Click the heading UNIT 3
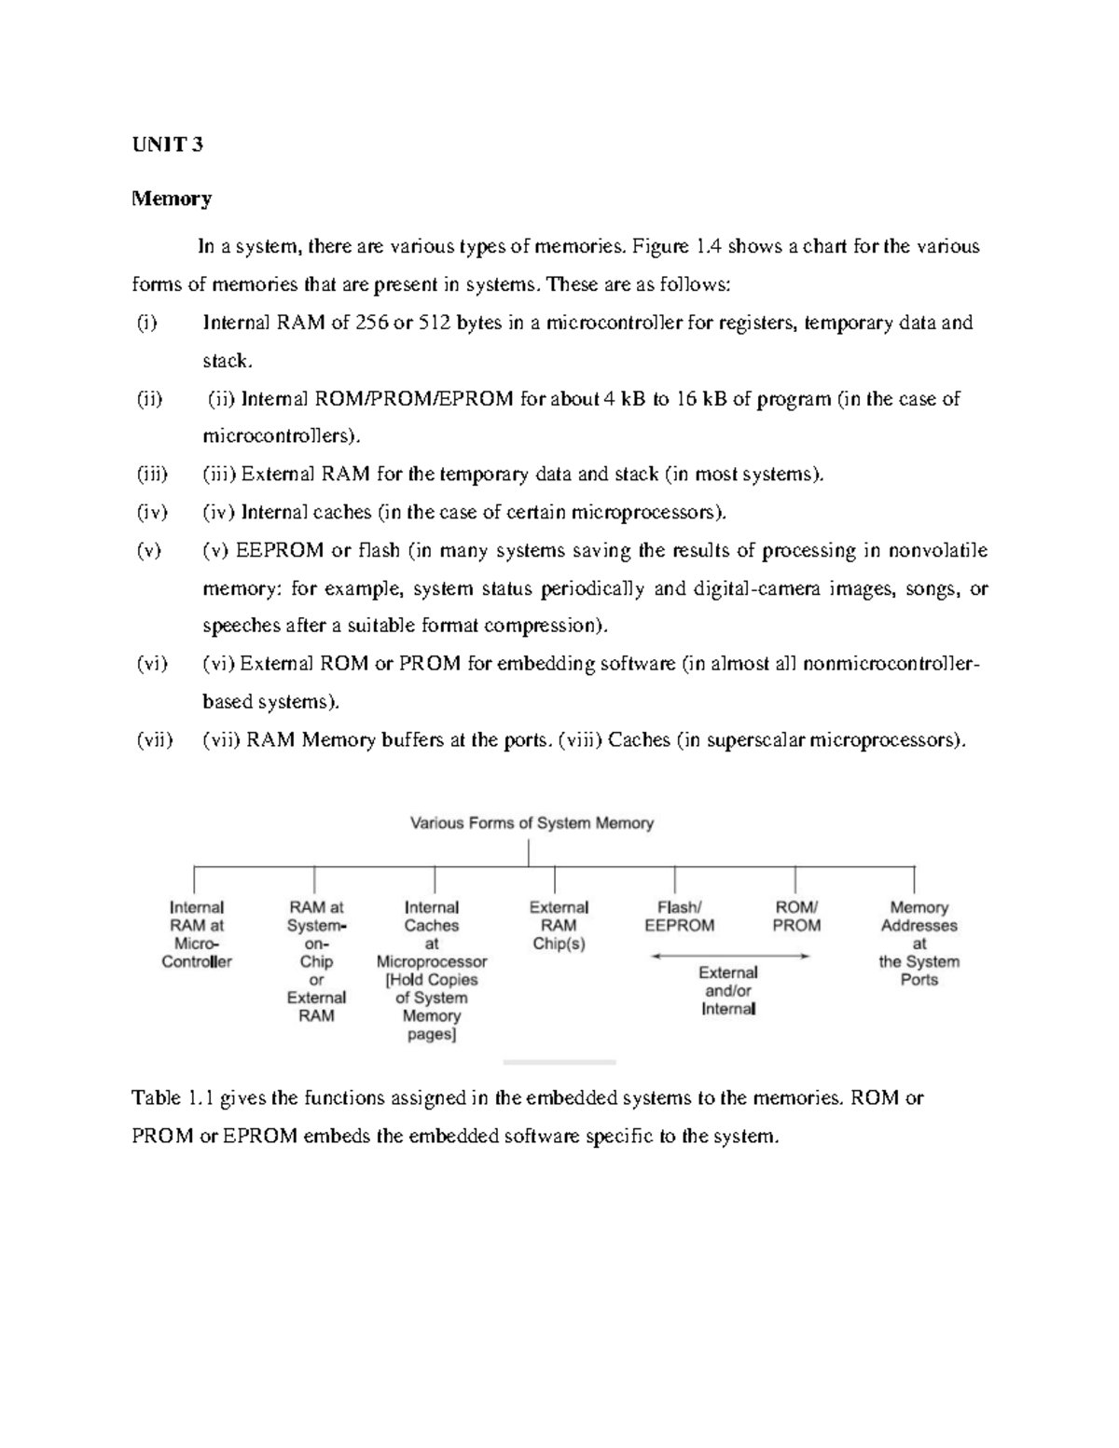coord(167,144)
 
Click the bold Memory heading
coord(172,199)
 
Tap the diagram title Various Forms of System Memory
coord(532,823)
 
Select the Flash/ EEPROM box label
coord(679,917)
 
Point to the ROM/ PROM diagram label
coord(796,917)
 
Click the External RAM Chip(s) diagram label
coord(559,925)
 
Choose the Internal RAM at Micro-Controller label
coord(197,934)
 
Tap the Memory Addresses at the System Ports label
coord(919,943)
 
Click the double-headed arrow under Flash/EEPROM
coord(729,956)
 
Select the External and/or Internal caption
coord(728,990)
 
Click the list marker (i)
coord(146,323)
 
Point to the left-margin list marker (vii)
coord(154,740)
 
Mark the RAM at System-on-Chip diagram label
coord(316,960)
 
